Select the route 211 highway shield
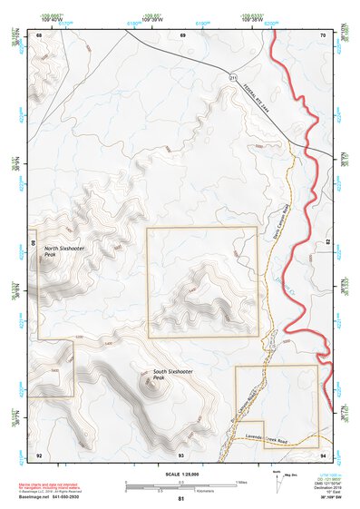(232, 79)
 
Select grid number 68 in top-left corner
(40, 34)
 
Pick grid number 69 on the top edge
(181, 34)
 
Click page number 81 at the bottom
(180, 500)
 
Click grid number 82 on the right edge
(327, 243)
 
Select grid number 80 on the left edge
(34, 243)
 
